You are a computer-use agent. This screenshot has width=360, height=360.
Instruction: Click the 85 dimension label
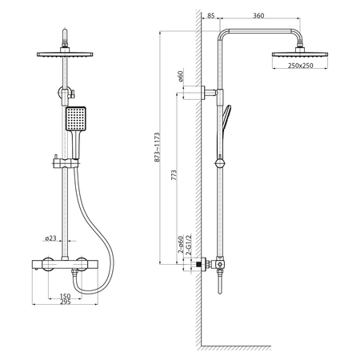coord(210,14)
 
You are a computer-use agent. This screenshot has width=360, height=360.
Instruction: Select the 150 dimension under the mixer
coord(63,295)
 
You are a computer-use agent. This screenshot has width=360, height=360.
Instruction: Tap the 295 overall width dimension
coord(63,303)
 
